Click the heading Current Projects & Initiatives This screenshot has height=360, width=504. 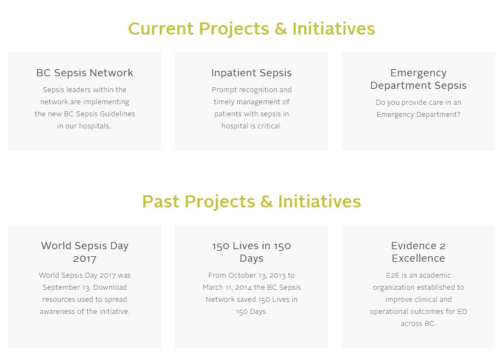click(251, 29)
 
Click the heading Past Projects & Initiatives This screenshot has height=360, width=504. click(251, 201)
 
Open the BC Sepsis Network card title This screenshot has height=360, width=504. click(85, 73)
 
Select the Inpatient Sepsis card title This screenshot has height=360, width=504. click(251, 73)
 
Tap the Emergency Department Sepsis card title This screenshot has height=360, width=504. click(418, 79)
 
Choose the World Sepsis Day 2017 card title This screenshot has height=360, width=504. click(85, 252)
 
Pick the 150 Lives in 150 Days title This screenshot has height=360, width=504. click(251, 252)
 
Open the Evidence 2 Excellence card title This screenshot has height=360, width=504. click(418, 252)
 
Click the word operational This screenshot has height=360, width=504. click(391, 312)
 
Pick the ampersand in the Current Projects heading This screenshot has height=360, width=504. click(281, 29)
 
